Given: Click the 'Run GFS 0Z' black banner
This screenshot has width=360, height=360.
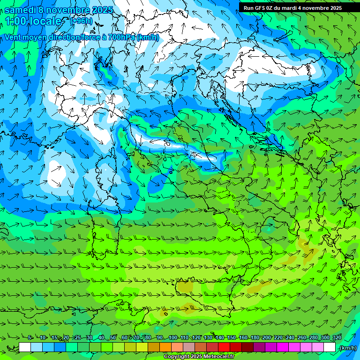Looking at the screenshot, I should point(293,8).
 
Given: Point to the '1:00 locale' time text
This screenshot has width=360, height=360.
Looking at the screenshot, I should point(34,21).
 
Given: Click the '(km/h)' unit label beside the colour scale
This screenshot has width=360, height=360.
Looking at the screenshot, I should point(348,348).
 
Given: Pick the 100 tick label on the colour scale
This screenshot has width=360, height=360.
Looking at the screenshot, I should point(172,338).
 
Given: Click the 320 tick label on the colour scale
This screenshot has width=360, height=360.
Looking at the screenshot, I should point(337,338).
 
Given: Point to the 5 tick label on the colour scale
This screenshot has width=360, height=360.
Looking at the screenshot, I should point(30,338).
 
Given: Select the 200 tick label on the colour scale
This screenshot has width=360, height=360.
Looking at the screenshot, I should point(266,338).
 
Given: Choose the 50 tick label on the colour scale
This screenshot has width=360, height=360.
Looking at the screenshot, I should point(113,338).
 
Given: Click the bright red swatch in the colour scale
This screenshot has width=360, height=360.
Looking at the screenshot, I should point(225,347).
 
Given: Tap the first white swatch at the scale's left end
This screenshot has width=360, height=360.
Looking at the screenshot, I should point(25,347).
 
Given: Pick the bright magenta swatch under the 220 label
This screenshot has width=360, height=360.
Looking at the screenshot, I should point(283,347).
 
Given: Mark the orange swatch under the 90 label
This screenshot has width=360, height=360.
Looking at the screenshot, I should point(166,347).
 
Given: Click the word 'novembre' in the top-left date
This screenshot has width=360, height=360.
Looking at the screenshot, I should point(70,10).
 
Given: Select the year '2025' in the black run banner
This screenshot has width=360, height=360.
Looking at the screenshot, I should point(334,8).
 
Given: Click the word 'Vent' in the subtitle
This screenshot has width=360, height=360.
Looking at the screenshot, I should point(13,37).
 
